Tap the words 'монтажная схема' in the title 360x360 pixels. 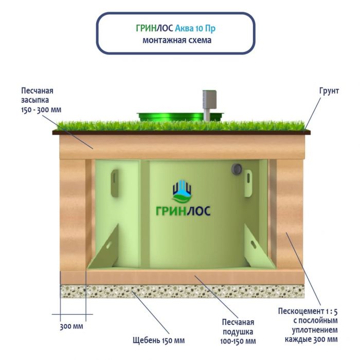tap(176, 40)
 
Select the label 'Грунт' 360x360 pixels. tap(329, 91)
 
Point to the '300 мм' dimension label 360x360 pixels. tap(72, 327)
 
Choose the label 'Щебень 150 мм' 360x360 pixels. tap(158, 340)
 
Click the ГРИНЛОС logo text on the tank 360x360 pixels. tap(183, 210)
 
